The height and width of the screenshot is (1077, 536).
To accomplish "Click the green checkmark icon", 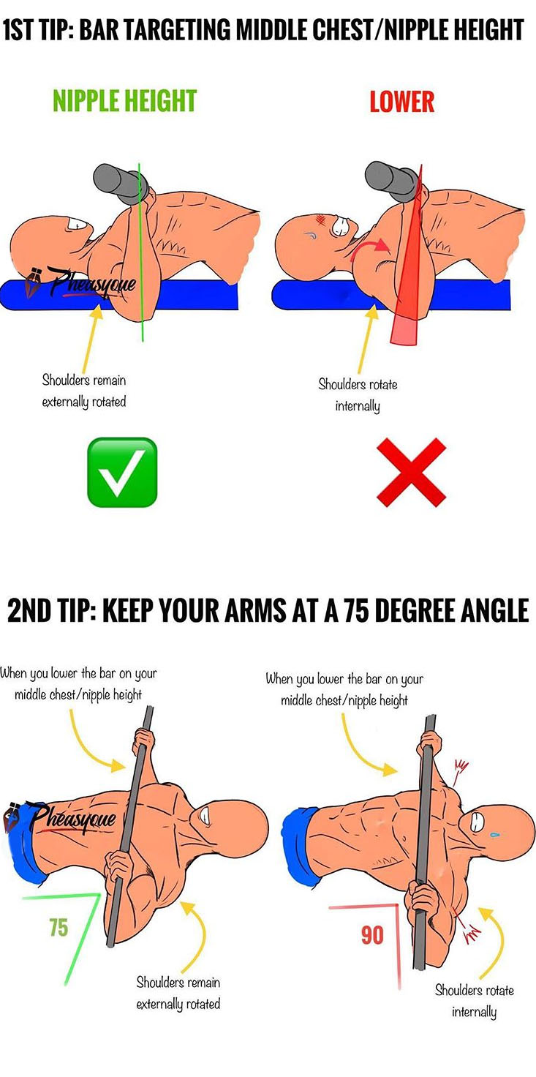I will (122, 472).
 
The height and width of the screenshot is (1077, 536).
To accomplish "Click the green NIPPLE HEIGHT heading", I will (125, 101).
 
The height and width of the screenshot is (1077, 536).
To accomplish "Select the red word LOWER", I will (401, 102).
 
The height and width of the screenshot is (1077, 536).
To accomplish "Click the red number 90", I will (372, 935).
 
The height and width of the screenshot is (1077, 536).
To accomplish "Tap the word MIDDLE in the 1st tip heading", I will (285, 31).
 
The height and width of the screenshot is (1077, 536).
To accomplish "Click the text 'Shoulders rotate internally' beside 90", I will (474, 1001).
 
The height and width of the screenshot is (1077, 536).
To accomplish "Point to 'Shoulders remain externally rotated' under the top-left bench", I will (83, 391).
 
